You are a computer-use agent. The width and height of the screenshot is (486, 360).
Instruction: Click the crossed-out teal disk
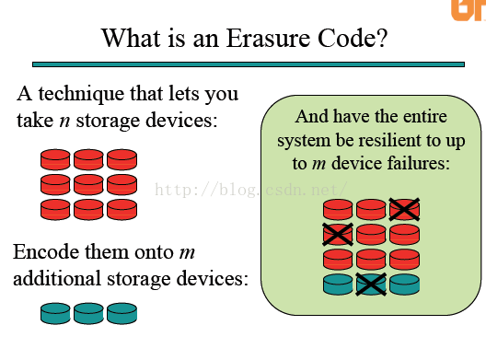[x=371, y=284]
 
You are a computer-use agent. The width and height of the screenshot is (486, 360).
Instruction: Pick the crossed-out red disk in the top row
[x=404, y=209]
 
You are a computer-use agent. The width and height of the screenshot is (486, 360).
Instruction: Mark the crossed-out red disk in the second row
[x=338, y=234]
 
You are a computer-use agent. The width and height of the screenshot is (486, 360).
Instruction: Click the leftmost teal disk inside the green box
[x=338, y=284]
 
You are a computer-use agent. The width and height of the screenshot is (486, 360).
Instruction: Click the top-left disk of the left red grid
[x=55, y=158]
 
